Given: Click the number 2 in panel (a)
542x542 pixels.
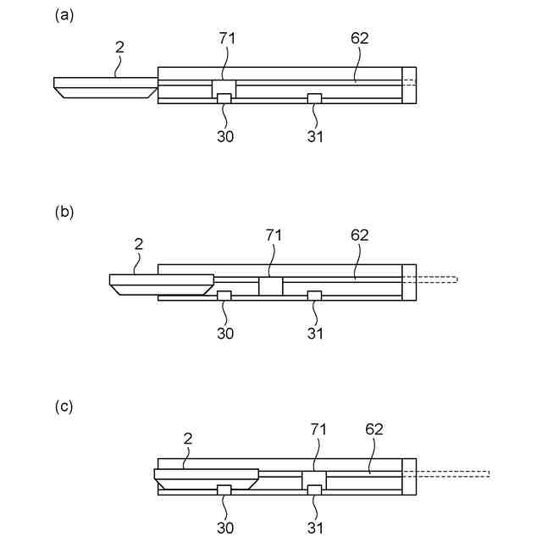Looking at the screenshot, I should click(x=119, y=47).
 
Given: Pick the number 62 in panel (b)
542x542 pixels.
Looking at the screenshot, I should click(x=359, y=235).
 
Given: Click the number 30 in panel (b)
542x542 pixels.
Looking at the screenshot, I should click(x=225, y=333).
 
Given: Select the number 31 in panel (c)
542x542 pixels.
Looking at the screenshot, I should click(x=314, y=527).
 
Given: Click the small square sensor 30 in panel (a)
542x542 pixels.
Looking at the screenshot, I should click(x=224, y=99).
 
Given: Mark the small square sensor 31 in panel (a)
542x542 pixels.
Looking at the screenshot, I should click(x=314, y=99).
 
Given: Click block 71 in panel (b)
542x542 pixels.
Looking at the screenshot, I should click(x=270, y=286).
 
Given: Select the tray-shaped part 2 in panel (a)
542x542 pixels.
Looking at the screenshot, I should click(x=105, y=87).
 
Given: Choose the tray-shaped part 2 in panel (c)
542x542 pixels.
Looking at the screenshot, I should click(x=206, y=478).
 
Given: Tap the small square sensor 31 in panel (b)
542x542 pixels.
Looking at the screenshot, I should click(x=314, y=295).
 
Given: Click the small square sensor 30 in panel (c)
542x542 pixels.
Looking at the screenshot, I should click(x=224, y=489).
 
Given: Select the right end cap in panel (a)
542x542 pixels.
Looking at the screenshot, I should click(x=409, y=85).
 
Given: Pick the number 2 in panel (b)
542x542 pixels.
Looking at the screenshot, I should click(x=139, y=244).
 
